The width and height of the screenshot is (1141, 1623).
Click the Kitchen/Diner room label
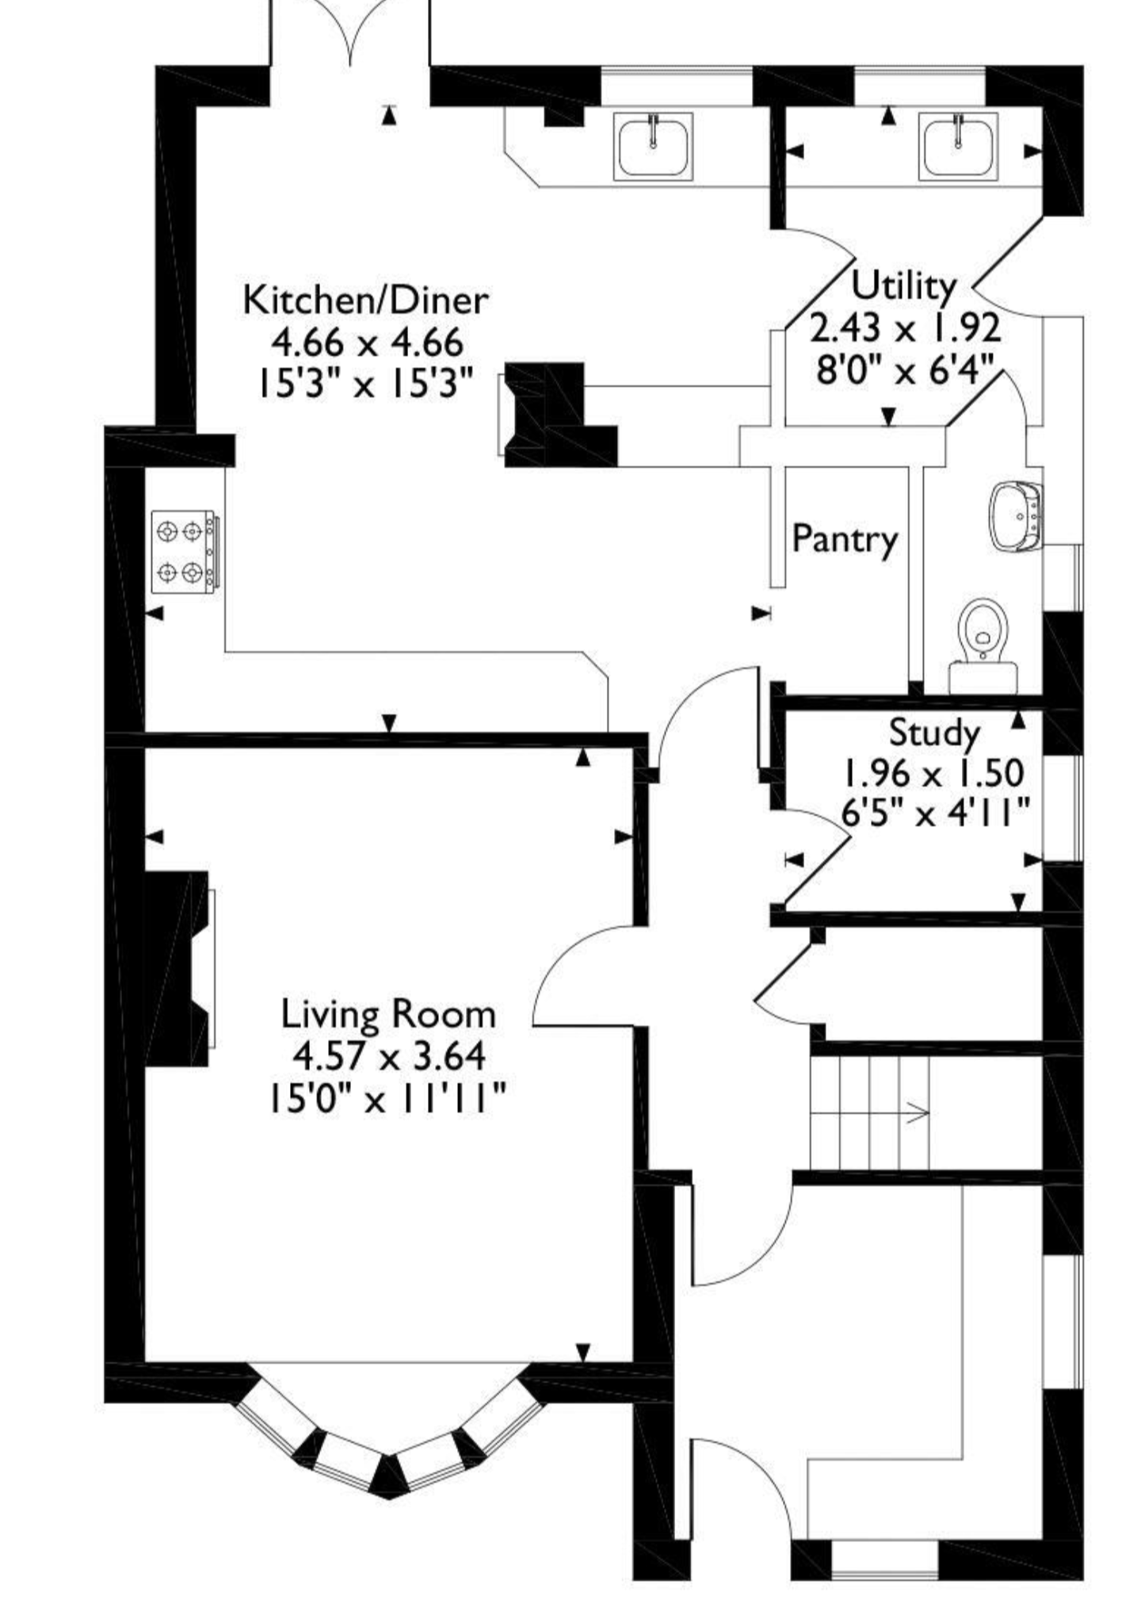[x=365, y=300]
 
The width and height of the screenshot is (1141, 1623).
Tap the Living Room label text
[x=388, y=1014]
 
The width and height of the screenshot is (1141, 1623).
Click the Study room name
[x=934, y=733]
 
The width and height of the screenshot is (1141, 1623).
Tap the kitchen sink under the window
[x=653, y=146]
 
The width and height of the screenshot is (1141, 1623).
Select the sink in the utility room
[x=959, y=146]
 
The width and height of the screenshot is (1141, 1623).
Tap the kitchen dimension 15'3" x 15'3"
[x=364, y=385]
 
